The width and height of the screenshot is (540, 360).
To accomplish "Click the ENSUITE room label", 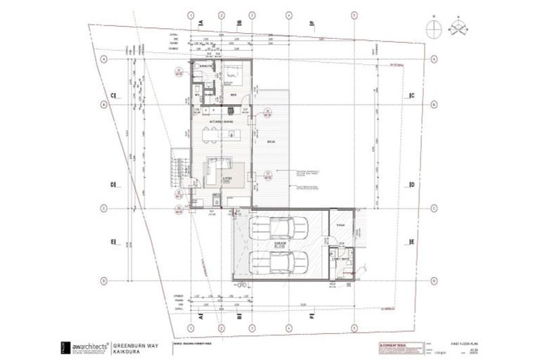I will [x=205, y=67].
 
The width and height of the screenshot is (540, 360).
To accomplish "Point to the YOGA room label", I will [x=340, y=226].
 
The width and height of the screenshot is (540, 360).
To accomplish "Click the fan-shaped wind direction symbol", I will [x=461, y=27].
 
